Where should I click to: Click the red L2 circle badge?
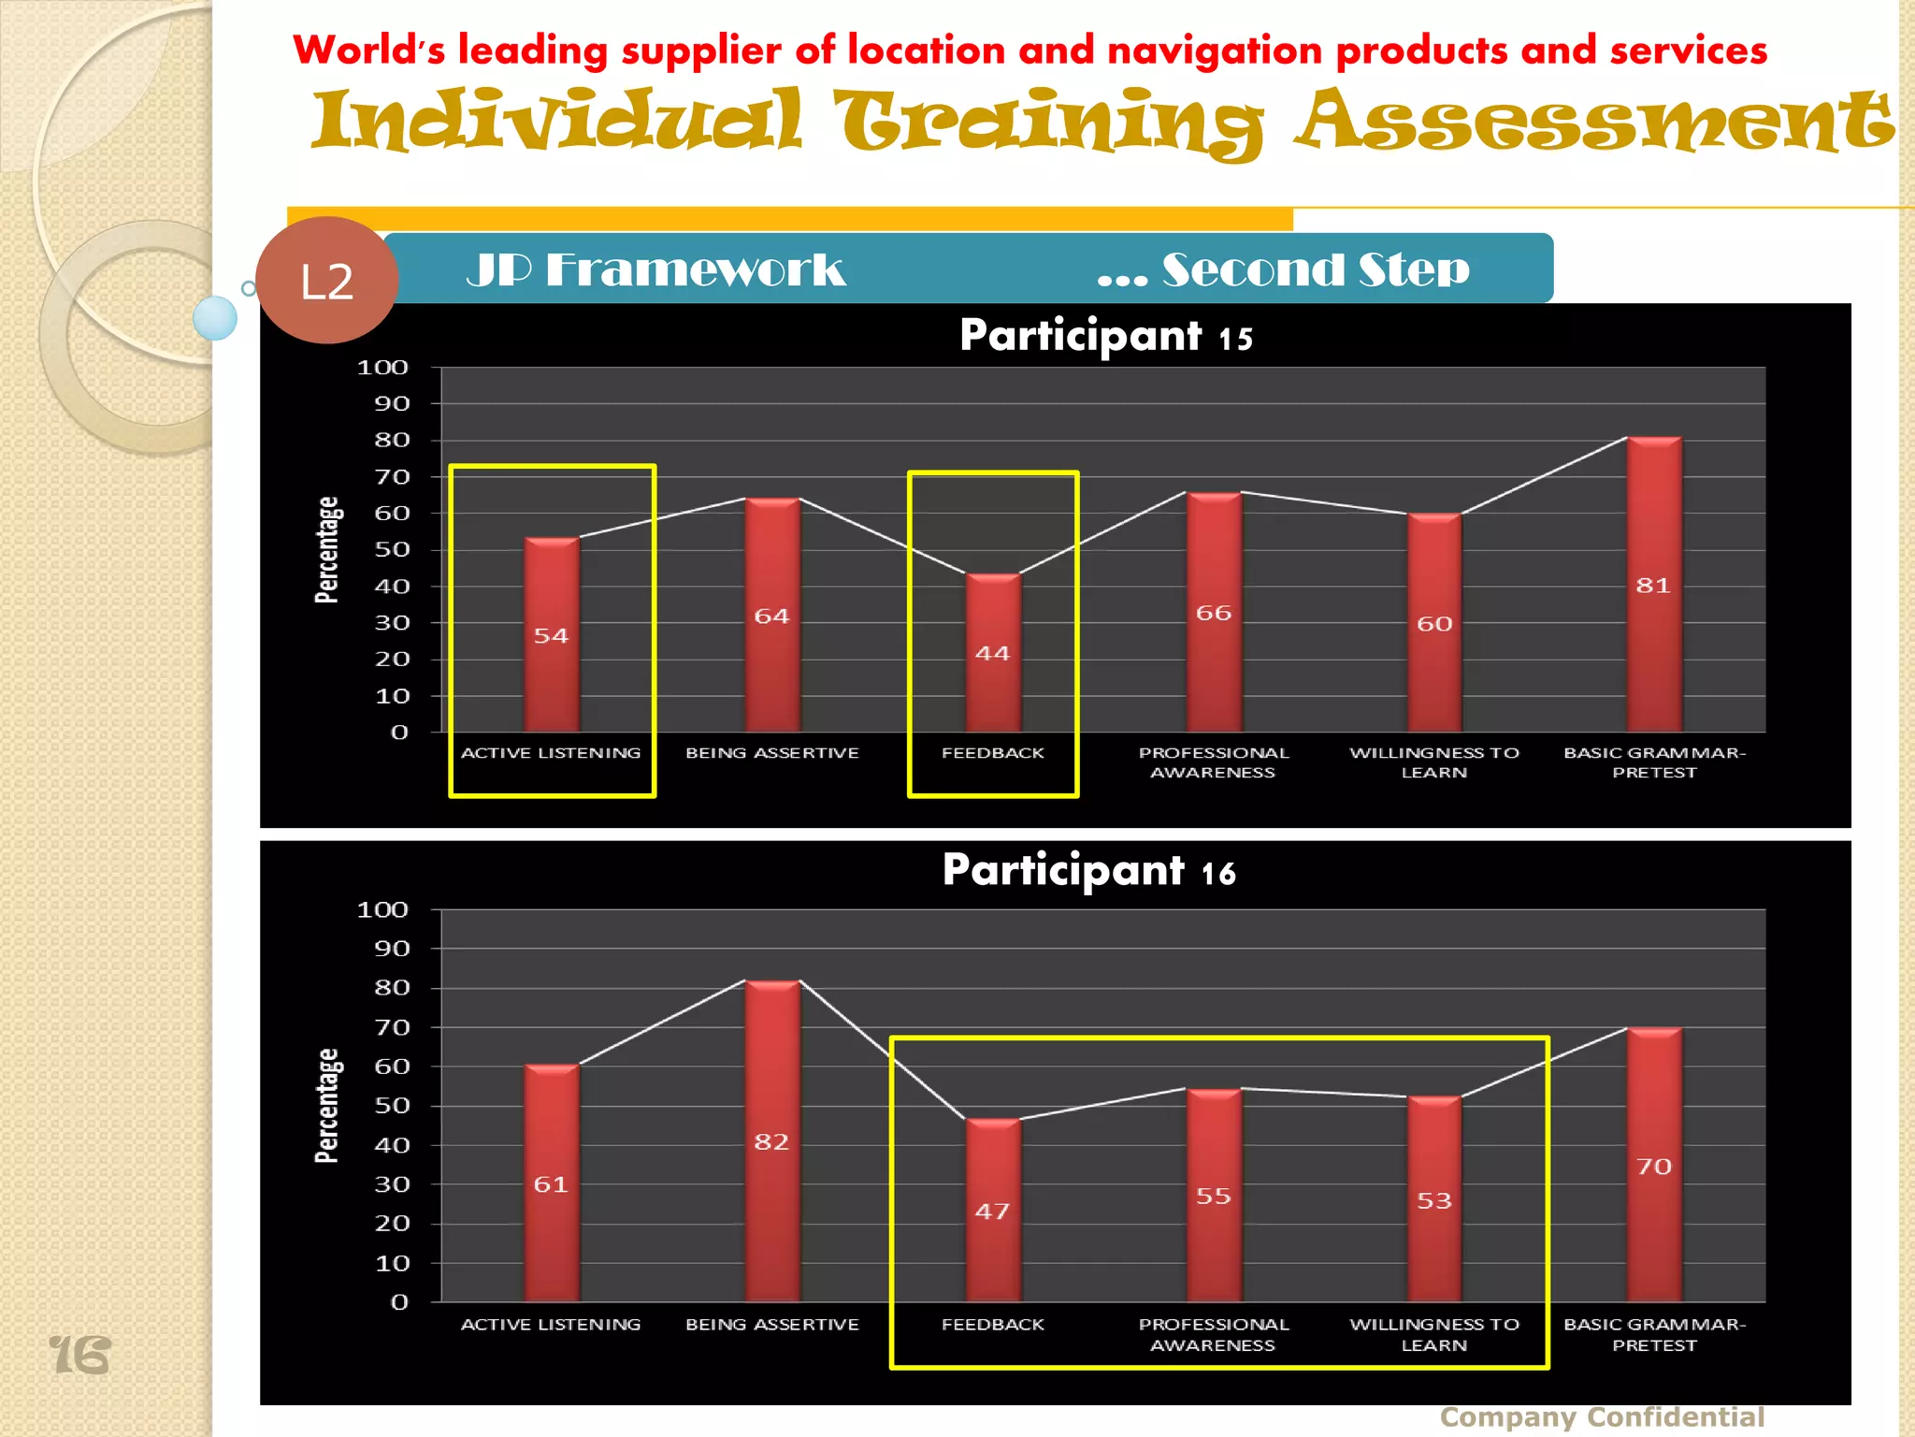[x=326, y=281]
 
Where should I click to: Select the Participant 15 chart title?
[x=1105, y=336]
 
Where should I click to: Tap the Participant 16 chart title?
[x=1088, y=871]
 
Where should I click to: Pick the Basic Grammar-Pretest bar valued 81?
[x=1654, y=585]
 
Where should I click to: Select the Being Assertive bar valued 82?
[x=772, y=1140]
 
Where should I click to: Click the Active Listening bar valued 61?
[x=552, y=1183]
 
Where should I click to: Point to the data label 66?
[x=1214, y=613]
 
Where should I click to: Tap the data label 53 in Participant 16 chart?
[x=1434, y=1200]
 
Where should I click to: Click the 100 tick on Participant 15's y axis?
[x=383, y=368]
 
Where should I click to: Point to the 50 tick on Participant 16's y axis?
[x=392, y=1106]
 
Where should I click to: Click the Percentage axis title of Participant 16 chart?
[x=327, y=1106]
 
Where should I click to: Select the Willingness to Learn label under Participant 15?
[x=1434, y=762]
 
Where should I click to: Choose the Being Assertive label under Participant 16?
[x=772, y=1325]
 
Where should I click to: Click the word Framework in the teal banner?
[x=696, y=270]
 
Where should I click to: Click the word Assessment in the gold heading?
[x=1594, y=122]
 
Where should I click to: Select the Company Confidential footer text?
[x=1602, y=1416]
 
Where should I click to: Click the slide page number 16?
[x=79, y=1356]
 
